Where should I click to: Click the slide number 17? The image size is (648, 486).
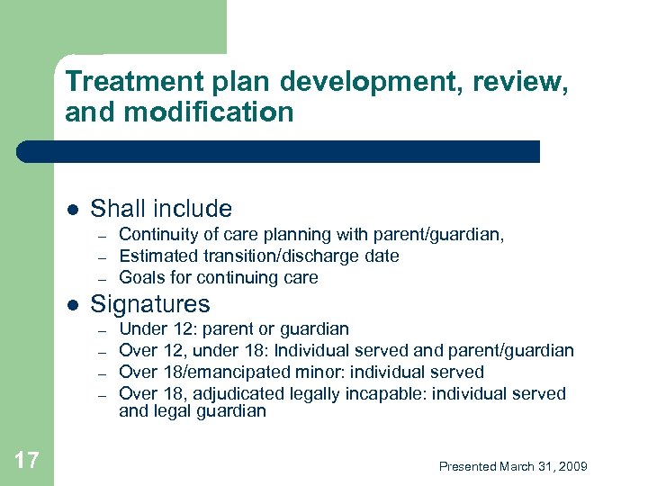[x=27, y=461]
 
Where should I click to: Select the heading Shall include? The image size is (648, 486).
[x=161, y=209]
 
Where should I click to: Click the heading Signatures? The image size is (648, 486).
[x=150, y=303]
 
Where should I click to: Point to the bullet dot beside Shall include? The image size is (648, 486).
[x=72, y=210]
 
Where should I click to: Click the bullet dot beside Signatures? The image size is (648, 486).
[x=72, y=304]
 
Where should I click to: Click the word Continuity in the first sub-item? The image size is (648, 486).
[x=154, y=235]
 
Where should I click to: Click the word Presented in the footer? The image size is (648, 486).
[x=467, y=466]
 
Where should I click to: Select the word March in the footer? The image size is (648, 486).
[x=517, y=466]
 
